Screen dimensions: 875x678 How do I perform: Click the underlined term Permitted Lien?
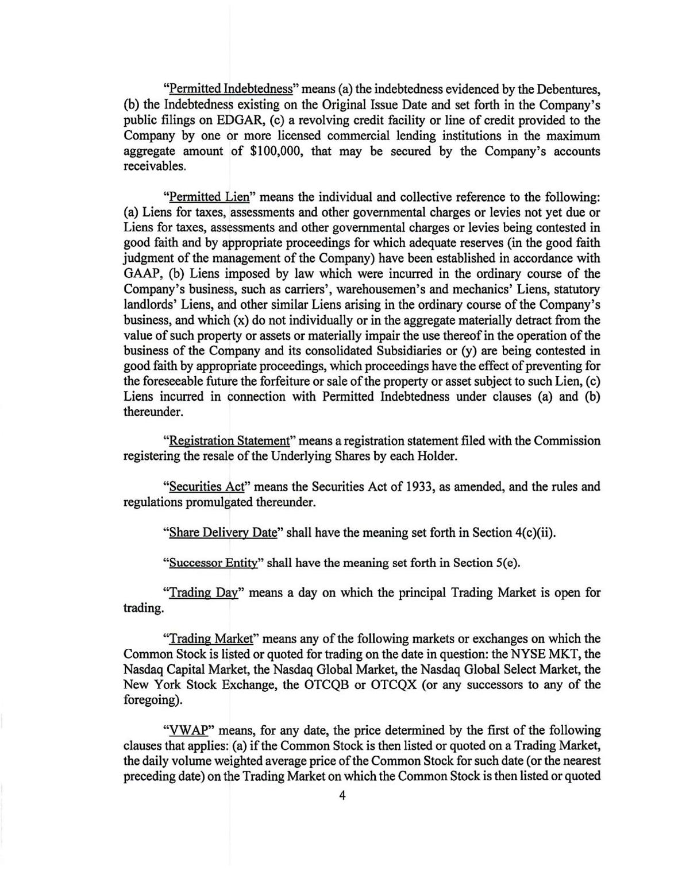209,197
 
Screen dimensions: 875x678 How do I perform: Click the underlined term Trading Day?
203,593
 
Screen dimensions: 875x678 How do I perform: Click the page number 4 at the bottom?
342,796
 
